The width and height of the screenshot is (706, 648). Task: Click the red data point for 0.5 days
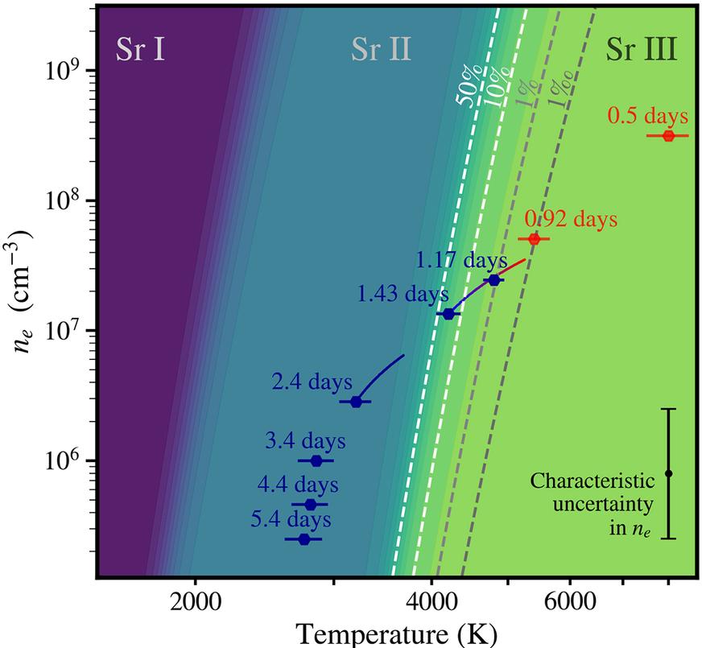point(667,135)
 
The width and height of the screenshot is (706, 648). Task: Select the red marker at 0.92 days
point(533,239)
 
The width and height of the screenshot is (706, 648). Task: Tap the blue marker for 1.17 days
point(494,280)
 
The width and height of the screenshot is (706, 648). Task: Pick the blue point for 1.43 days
point(449,313)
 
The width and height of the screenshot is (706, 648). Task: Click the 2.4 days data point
point(356,402)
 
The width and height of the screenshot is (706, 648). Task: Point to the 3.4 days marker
point(316,460)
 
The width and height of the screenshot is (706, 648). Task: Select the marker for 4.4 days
point(310,505)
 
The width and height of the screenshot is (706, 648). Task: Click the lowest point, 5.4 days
point(303,539)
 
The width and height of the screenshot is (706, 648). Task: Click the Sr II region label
point(381,51)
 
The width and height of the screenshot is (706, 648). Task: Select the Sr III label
point(642,51)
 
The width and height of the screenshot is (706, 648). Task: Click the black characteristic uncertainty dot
point(668,473)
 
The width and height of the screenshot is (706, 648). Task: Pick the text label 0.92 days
point(571,218)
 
